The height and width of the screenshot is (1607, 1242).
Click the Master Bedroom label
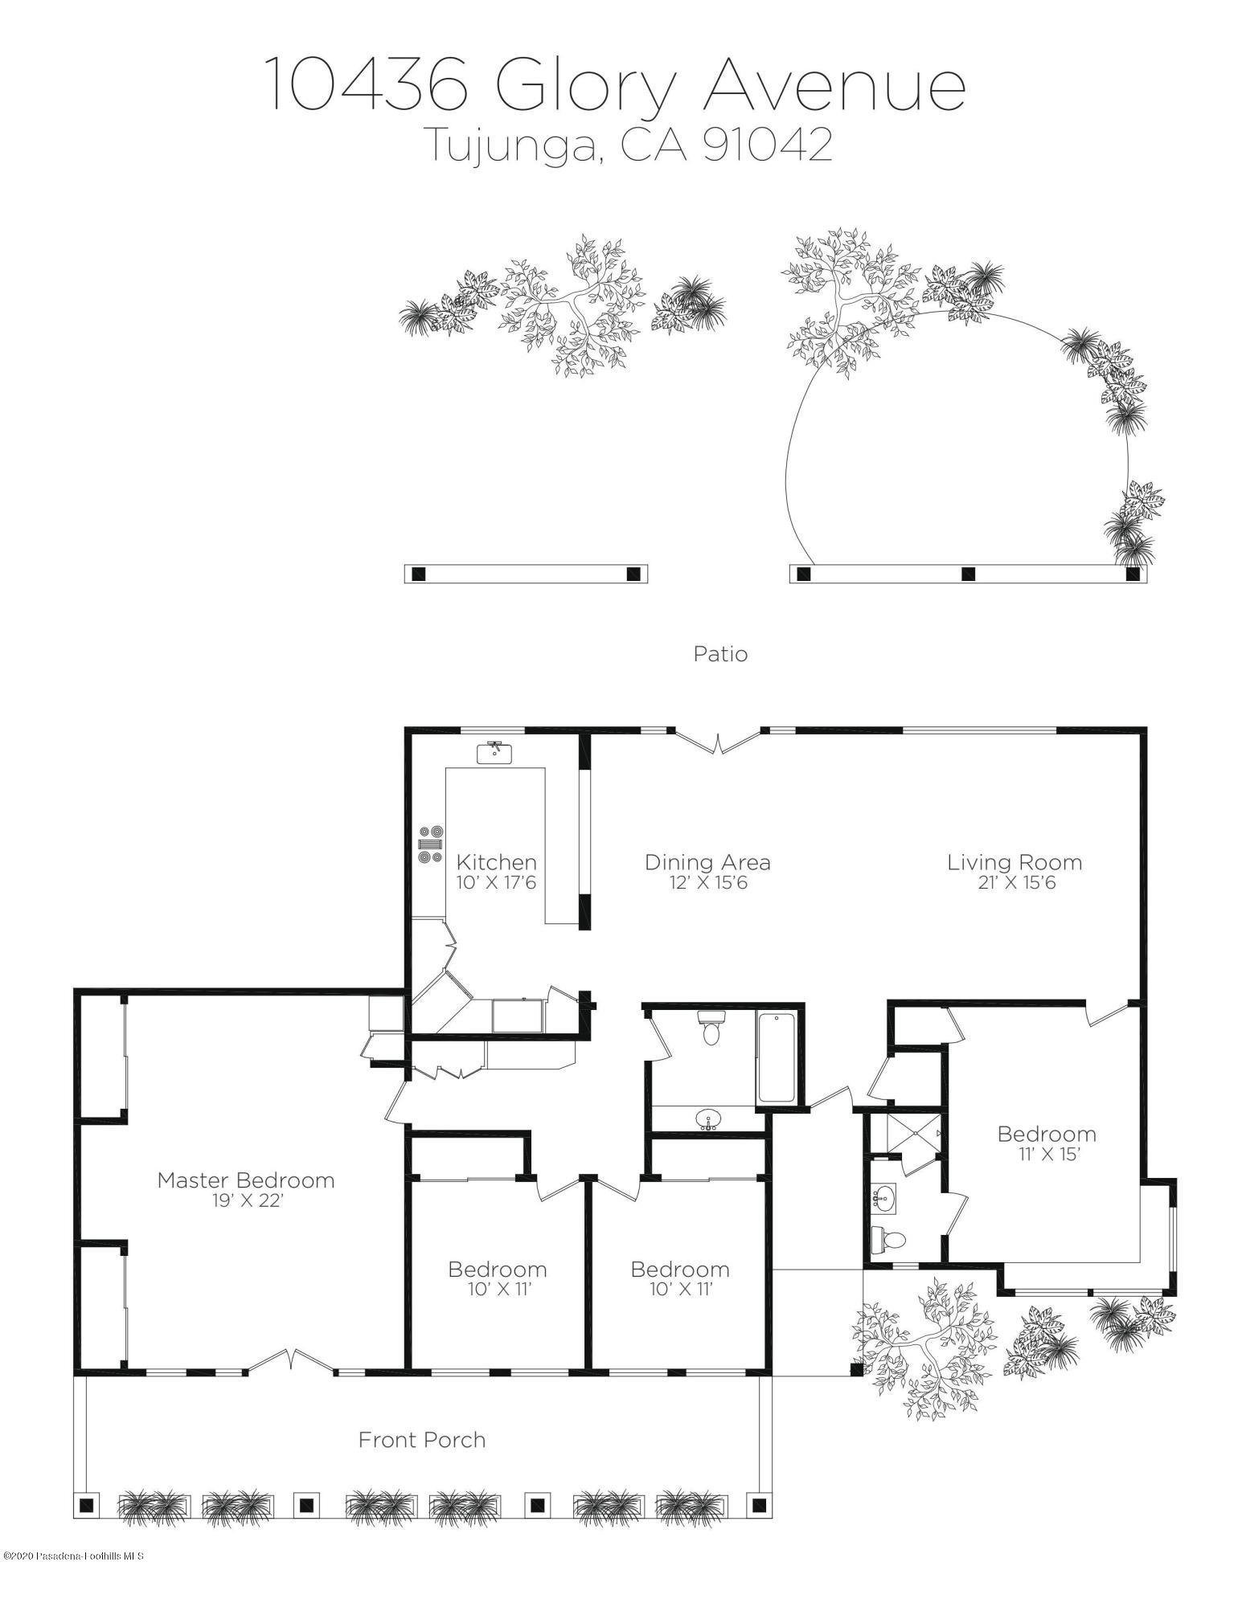point(245,1180)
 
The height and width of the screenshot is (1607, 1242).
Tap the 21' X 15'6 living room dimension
point(1013,883)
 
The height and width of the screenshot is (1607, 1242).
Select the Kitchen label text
point(496,862)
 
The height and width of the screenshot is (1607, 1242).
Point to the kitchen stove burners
point(430,844)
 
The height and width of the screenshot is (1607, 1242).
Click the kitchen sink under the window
point(494,752)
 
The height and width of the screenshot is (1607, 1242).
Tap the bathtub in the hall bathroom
point(777,1057)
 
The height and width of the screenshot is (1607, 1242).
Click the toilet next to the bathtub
point(711,1028)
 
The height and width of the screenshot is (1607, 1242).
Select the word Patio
point(720,654)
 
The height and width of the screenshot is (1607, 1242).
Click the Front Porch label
point(422,1439)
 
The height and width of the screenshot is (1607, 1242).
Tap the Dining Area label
point(707,862)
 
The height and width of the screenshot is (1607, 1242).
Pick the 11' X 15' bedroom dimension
point(1046,1155)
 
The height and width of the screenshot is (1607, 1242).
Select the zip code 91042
point(767,146)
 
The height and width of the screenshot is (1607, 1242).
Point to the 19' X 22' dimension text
point(245,1200)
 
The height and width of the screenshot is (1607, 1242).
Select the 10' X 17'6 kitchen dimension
point(496,883)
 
